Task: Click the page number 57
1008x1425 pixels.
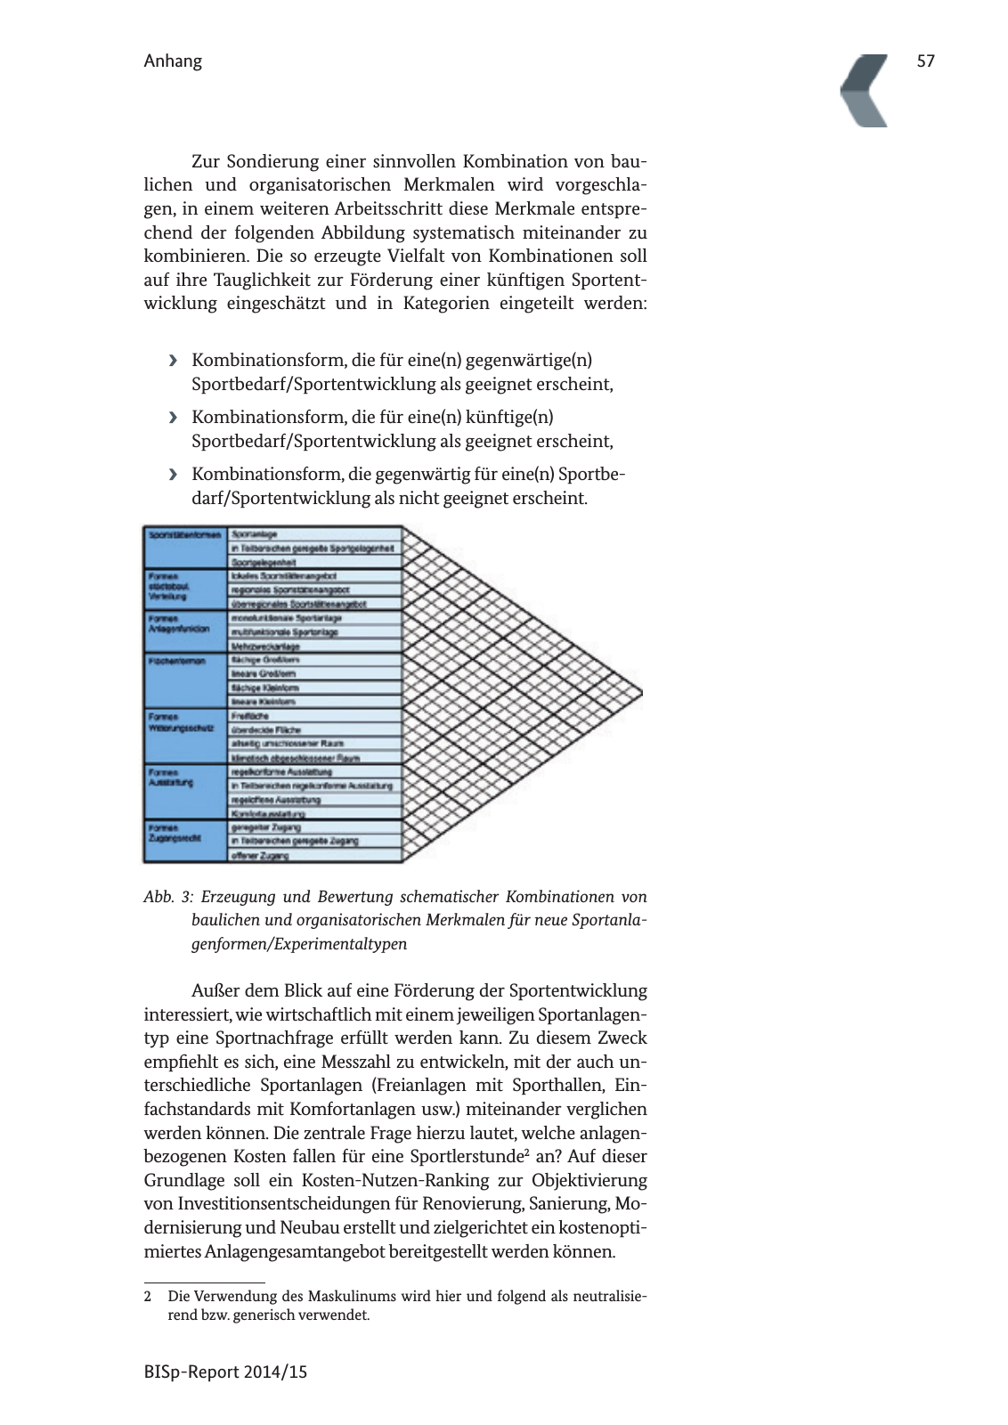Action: pyautogui.click(x=925, y=61)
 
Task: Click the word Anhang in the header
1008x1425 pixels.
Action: pyautogui.click(x=173, y=61)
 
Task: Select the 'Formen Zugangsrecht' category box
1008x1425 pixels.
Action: pyautogui.click(x=185, y=841)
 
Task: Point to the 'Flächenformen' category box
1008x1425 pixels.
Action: pyautogui.click(x=185, y=680)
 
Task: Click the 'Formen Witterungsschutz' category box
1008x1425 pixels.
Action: pyautogui.click(x=185, y=736)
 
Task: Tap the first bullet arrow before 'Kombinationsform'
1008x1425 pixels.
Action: pyautogui.click(x=173, y=361)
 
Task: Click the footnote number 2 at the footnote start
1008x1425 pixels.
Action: pyautogui.click(x=148, y=1297)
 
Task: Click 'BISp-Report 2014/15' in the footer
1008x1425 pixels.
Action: pyautogui.click(x=225, y=1372)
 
